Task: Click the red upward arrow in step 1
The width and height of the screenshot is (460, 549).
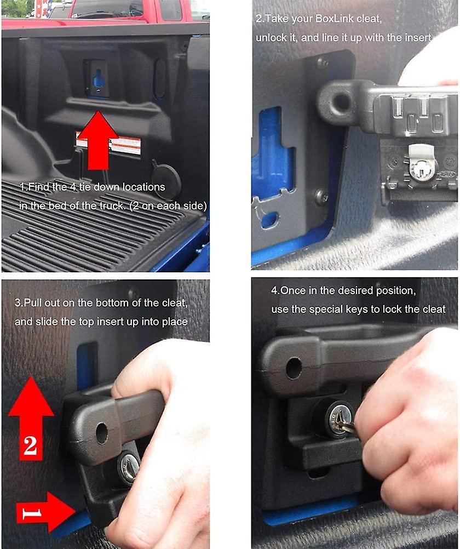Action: [97, 140]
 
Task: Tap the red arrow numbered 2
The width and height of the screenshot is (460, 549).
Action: [31, 419]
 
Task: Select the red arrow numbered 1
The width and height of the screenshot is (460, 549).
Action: [45, 512]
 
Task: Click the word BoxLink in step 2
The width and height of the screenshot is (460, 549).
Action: [335, 18]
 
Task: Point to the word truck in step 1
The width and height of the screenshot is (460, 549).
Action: [112, 205]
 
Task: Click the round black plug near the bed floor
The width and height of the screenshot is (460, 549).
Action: [166, 179]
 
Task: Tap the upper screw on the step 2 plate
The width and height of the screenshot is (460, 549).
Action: [322, 62]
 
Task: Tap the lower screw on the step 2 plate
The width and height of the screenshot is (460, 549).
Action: [321, 196]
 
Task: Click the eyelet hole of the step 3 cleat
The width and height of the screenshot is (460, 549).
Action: [102, 433]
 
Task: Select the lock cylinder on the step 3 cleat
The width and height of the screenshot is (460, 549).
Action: [129, 467]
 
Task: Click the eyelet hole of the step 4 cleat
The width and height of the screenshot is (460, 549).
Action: [294, 368]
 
